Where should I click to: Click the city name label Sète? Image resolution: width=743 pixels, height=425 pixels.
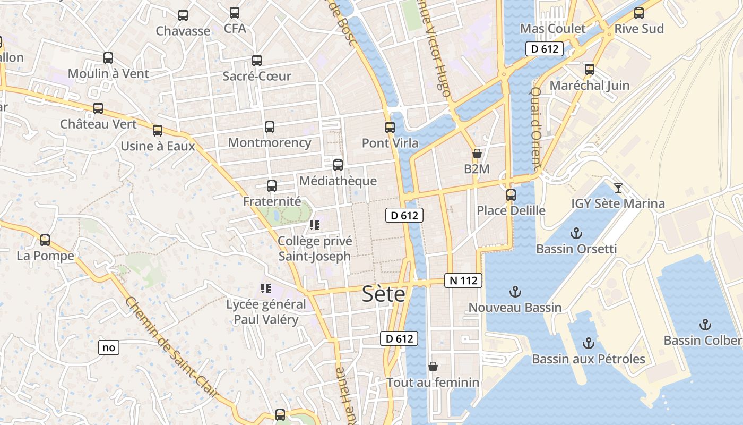[383, 294]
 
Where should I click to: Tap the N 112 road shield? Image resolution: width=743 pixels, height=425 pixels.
[463, 280]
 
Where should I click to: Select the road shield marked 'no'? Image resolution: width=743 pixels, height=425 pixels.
[108, 348]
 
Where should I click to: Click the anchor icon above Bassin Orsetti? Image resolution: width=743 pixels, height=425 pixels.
[576, 233]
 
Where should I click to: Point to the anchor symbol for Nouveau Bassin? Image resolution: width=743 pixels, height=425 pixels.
[515, 292]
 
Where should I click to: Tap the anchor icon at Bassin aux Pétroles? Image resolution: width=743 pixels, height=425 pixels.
[588, 343]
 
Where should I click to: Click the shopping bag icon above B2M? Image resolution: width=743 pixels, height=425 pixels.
[477, 154]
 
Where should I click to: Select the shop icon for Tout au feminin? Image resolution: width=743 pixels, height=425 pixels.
[433, 367]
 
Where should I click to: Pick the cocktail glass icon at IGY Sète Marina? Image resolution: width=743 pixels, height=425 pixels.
[618, 188]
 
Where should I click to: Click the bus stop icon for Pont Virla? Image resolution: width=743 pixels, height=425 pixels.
[390, 127]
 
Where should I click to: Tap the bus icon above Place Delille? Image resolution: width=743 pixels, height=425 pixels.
[511, 195]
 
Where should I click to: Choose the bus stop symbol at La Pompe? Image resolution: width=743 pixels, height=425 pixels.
[45, 240]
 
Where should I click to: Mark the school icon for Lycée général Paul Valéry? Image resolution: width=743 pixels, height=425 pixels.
[266, 288]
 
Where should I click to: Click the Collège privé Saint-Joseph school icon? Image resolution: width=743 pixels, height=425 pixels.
[315, 225]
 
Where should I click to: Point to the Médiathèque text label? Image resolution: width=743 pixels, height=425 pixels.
[338, 181]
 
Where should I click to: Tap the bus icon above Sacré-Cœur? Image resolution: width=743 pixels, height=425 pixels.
[257, 61]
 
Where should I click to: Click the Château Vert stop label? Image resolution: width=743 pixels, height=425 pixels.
[98, 124]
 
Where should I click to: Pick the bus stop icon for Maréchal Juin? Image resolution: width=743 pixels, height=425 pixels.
[589, 70]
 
